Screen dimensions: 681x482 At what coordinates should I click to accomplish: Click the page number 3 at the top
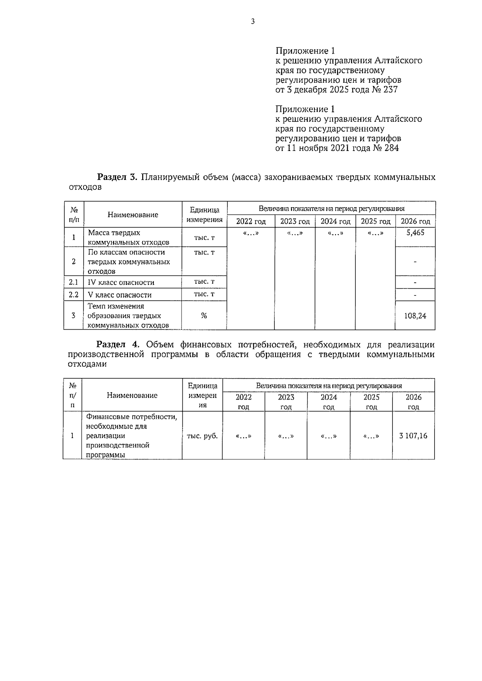click(253, 22)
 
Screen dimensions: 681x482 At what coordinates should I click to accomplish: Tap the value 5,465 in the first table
click(415, 232)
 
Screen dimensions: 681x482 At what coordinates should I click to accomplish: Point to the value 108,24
click(415, 316)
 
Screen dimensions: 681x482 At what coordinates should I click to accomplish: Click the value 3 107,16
click(413, 435)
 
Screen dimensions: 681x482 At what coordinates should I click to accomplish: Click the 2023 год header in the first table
click(295, 221)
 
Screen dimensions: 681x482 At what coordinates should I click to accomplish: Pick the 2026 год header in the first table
click(415, 221)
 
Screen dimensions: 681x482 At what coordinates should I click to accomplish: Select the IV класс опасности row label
click(121, 282)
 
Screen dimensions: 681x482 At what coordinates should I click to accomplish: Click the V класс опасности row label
click(120, 295)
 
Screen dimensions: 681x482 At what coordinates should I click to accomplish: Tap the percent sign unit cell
click(204, 316)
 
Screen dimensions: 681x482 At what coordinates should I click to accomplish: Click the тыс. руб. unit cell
click(202, 436)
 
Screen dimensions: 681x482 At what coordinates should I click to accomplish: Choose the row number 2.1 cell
click(74, 282)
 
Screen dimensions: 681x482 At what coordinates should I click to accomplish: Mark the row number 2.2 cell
click(74, 295)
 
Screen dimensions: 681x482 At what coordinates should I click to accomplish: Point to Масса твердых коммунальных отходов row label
click(128, 237)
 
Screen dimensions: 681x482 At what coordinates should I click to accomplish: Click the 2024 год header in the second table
click(329, 402)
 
